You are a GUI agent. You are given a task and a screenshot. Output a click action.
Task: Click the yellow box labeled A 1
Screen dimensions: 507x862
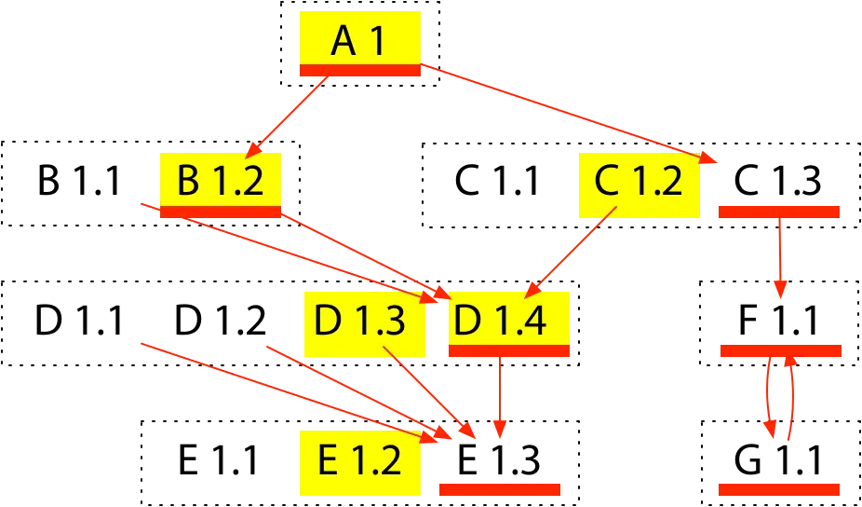pyautogui.click(x=359, y=39)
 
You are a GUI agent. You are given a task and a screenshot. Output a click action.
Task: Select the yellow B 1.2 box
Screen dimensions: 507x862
pyautogui.click(x=220, y=180)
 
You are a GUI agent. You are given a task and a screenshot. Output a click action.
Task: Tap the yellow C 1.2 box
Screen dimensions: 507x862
pyautogui.click(x=639, y=181)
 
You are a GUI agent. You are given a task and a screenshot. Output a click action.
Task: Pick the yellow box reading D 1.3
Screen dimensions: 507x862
pyautogui.click(x=359, y=321)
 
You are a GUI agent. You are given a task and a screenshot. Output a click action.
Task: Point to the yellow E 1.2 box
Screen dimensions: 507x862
pyautogui.click(x=359, y=461)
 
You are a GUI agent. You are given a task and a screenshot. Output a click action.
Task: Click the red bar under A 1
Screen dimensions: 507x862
pyautogui.click(x=359, y=70)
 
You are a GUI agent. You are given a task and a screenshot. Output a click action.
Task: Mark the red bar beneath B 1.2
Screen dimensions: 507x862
pyautogui.click(x=220, y=212)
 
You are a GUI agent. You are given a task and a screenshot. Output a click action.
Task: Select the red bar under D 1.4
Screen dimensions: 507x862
pyautogui.click(x=508, y=350)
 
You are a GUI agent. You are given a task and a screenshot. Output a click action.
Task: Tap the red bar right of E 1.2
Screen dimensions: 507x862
pyautogui.click(x=500, y=488)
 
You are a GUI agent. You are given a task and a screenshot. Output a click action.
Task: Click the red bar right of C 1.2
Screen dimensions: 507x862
pyautogui.click(x=779, y=212)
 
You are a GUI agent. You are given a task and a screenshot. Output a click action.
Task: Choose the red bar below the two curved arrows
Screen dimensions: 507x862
pyautogui.click(x=779, y=488)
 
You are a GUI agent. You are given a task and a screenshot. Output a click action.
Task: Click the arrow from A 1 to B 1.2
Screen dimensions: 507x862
pyautogui.click(x=287, y=116)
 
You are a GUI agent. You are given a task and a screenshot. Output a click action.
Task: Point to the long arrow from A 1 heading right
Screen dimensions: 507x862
pyautogui.click(x=568, y=114)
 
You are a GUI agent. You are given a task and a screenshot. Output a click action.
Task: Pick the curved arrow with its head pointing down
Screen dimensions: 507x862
pyautogui.click(x=765, y=396)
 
